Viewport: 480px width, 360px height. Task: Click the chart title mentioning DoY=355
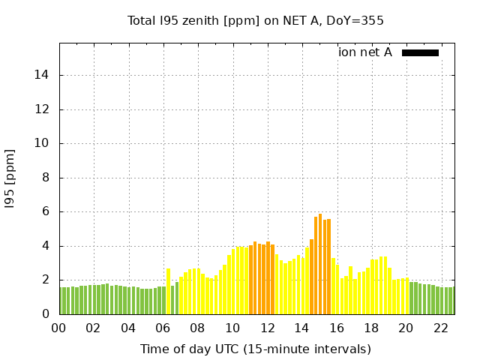(x=256, y=21)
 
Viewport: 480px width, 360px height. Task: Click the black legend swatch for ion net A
(x=420, y=52)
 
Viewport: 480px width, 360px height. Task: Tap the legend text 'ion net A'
(x=364, y=52)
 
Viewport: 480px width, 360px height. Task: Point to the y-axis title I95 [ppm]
(x=10, y=178)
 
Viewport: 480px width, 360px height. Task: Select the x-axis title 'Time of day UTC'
(x=256, y=349)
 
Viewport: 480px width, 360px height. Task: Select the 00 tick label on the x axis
(x=59, y=328)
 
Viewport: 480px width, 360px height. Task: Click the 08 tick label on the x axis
(x=197, y=328)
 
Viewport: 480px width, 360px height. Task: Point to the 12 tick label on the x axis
(x=267, y=328)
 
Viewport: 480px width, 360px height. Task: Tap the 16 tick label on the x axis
(x=337, y=328)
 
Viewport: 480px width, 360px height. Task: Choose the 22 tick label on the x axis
(x=441, y=328)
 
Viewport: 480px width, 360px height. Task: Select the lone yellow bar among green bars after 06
(x=169, y=291)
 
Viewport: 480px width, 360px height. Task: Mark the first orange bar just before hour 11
(x=250, y=279)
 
